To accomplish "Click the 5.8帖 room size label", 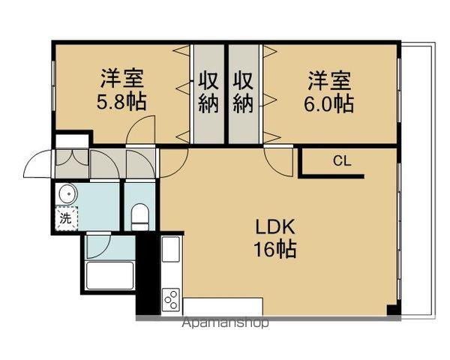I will tap(121, 101).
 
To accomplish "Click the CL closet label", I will tap(341, 160).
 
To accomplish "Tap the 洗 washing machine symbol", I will tap(66, 219).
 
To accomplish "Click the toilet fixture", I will tap(140, 218).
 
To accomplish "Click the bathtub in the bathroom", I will tap(109, 275).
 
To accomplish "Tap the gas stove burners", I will tap(171, 298).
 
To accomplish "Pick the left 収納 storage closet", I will tap(208, 91).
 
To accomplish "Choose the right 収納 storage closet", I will tap(243, 91).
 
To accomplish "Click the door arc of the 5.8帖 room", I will tap(141, 129).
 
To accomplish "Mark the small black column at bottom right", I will tap(391, 310).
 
